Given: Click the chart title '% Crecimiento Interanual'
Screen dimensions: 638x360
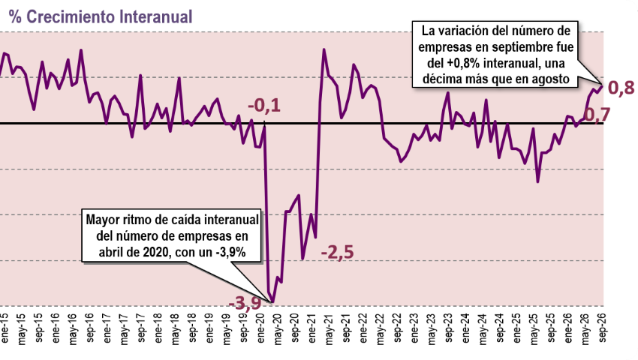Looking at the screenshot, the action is [x=100, y=17].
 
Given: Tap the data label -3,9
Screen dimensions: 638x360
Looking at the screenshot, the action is [x=245, y=303].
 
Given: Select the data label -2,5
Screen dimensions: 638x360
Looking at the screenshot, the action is [x=337, y=252].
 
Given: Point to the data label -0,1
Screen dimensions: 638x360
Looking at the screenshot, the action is [x=264, y=106].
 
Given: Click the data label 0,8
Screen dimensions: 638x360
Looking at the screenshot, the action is [x=621, y=88].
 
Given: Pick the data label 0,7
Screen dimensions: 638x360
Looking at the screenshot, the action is [x=597, y=115].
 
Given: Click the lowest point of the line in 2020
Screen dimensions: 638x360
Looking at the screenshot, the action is [x=272, y=302].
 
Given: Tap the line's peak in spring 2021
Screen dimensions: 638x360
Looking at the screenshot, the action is [x=324, y=49].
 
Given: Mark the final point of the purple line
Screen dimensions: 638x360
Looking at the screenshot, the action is [x=602, y=85].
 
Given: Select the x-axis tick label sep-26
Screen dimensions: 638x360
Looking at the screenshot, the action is [x=602, y=328].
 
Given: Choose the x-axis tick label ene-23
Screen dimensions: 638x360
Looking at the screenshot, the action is [x=415, y=328].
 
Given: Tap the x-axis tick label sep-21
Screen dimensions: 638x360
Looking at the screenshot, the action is [x=347, y=328].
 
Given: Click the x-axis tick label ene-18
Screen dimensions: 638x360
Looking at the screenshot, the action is [x=158, y=328].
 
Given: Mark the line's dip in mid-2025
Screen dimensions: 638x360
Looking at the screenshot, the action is [x=538, y=181].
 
